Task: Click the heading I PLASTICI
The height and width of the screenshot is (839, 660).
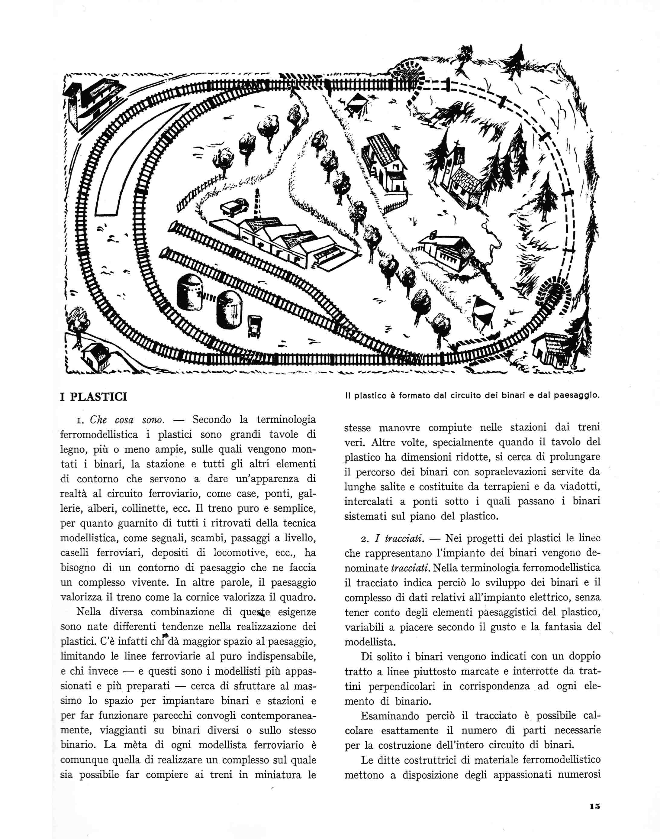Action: click(x=94, y=397)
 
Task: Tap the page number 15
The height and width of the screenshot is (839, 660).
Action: click(x=595, y=806)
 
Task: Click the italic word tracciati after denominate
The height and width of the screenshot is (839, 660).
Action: click(x=410, y=568)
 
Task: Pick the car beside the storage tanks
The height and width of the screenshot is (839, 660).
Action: click(x=255, y=326)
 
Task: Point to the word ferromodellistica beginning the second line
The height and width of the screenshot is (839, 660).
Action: click(x=99, y=435)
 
